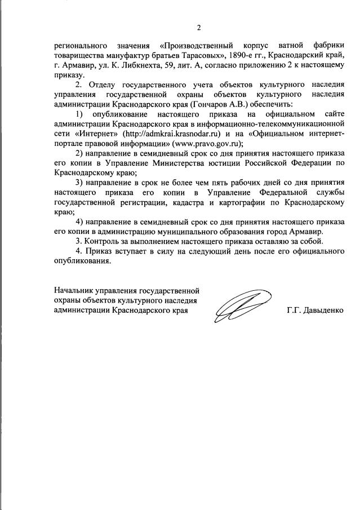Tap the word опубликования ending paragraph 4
[79, 261]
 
